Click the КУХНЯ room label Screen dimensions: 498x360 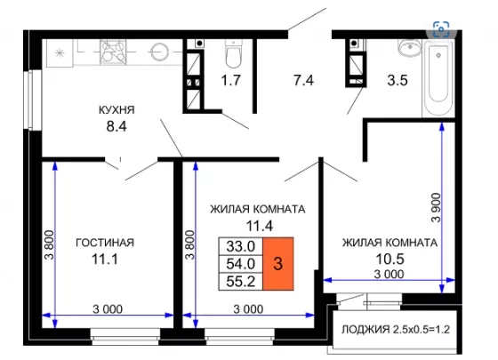116,110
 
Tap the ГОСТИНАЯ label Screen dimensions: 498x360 105,243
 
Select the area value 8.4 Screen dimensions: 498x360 116,126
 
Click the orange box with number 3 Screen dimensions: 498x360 277,263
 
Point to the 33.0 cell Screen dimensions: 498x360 241,246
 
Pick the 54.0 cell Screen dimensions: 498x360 241,263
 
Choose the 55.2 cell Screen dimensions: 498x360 241,281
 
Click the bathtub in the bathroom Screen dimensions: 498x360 438,78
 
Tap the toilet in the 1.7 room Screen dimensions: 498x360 233,53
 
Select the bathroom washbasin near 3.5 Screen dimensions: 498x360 409,48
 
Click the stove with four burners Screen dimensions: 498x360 113,52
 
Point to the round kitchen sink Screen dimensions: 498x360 159,52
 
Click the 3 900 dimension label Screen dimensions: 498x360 437,207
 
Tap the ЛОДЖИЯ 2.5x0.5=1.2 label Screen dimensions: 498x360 396,330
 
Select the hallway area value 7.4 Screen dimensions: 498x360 303,80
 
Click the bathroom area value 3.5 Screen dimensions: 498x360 398,80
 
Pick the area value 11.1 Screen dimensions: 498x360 105,259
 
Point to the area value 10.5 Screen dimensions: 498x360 390,259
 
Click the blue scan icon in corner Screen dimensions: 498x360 441,29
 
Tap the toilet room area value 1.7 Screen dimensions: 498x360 231,80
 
